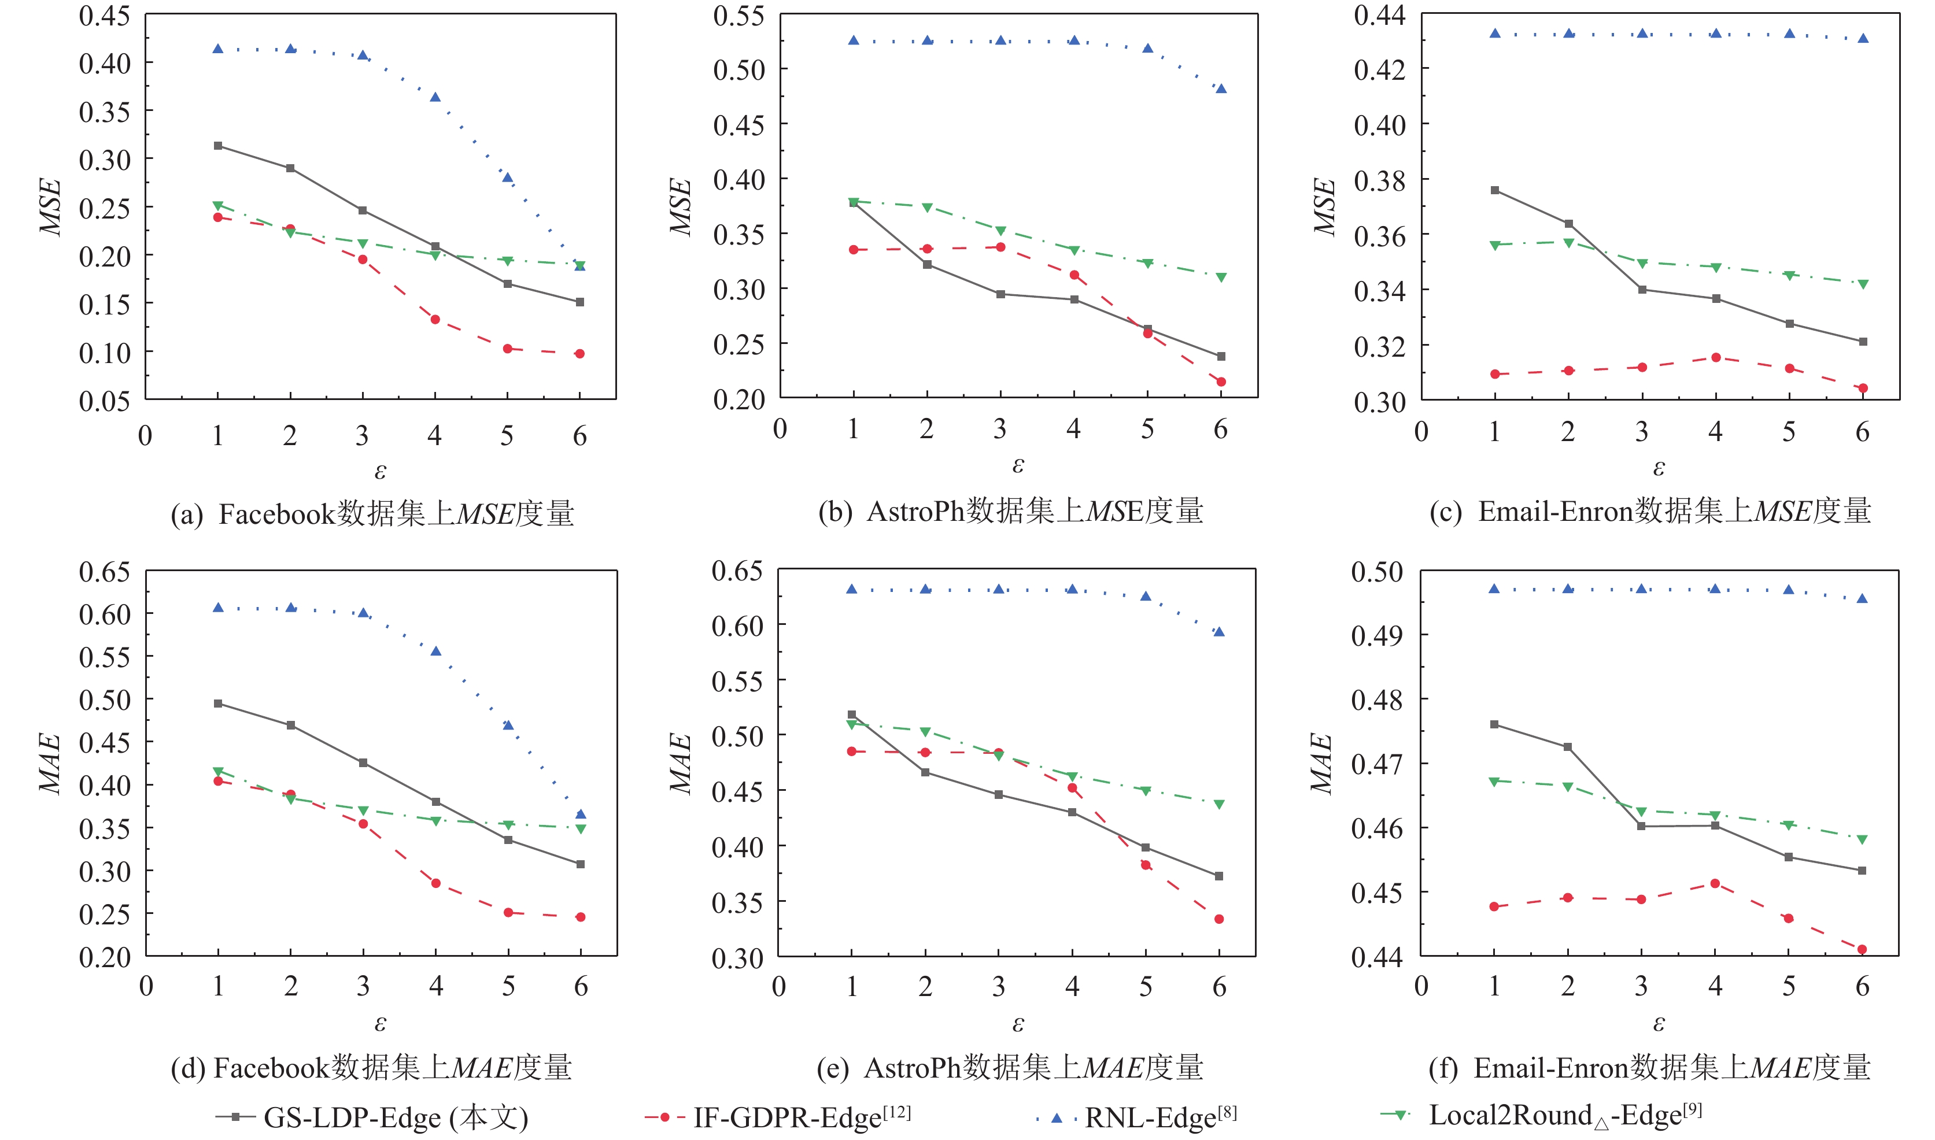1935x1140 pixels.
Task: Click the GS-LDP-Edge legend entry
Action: point(372,1116)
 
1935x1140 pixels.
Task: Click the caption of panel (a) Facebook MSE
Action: point(372,514)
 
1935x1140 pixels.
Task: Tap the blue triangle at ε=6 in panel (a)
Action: point(580,266)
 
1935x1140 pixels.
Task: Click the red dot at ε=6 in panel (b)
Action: point(1220,382)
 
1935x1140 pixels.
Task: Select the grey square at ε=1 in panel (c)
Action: point(1495,190)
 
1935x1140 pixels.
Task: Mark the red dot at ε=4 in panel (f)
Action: point(1715,883)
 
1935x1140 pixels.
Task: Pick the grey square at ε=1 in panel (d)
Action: point(218,704)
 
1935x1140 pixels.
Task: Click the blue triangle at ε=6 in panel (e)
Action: point(1219,632)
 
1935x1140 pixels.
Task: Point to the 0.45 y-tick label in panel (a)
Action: point(105,16)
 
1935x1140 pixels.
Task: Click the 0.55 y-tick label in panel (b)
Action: point(738,16)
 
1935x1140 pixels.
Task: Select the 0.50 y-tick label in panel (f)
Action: point(1377,572)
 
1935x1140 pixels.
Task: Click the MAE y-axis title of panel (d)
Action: point(50,763)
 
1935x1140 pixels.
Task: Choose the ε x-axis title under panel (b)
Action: point(1018,465)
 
